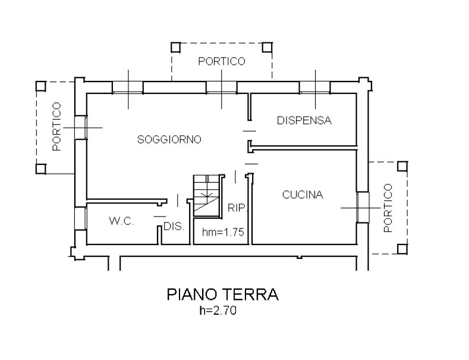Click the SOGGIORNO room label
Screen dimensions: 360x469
click(169, 140)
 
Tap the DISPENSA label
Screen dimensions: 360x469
click(304, 121)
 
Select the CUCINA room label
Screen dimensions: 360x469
click(303, 195)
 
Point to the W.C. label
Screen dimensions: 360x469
click(121, 221)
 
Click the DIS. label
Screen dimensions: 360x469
click(174, 227)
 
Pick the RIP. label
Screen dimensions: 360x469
click(237, 208)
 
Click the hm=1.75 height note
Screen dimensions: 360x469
click(223, 233)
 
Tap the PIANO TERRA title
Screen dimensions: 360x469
click(222, 295)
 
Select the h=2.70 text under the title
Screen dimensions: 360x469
click(222, 310)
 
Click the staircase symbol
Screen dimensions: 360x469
click(206, 193)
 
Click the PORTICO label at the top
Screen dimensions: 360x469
click(222, 61)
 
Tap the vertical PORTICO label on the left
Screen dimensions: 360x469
click(56, 126)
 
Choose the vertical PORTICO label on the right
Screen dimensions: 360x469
click(388, 207)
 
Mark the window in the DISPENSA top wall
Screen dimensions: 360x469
click(314, 87)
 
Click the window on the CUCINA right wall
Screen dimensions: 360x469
click(362, 207)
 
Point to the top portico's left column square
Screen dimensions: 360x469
click(175, 47)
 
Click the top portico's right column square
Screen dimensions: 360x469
click(268, 47)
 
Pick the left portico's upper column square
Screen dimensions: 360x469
click(40, 86)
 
